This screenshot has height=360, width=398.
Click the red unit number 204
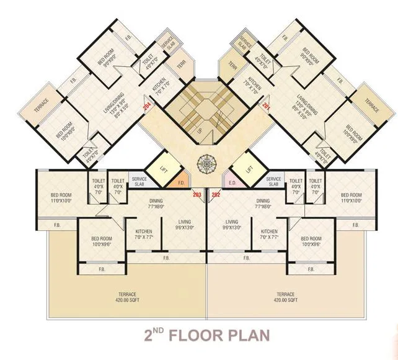tap(147, 106)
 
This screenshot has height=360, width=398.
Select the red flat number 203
tap(197, 194)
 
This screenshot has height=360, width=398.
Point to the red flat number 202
tap(216, 194)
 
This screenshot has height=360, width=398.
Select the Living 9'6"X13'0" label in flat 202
tap(232, 224)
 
